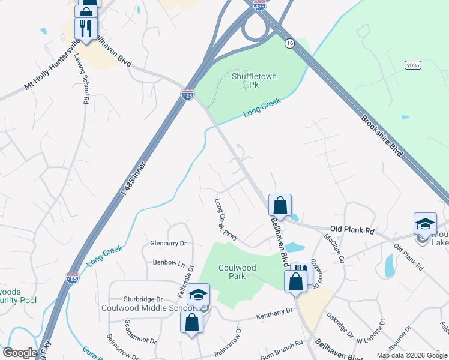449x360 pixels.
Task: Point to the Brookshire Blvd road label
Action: [x=381, y=136]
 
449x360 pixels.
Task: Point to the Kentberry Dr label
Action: [x=274, y=312]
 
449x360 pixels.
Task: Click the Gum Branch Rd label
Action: [x=282, y=349]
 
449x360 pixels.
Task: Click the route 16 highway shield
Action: [x=289, y=43]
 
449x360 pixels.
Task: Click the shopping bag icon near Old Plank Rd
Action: [x=280, y=205]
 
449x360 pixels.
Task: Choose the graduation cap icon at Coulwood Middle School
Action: [x=198, y=294]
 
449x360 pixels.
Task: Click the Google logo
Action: [x=20, y=353]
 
